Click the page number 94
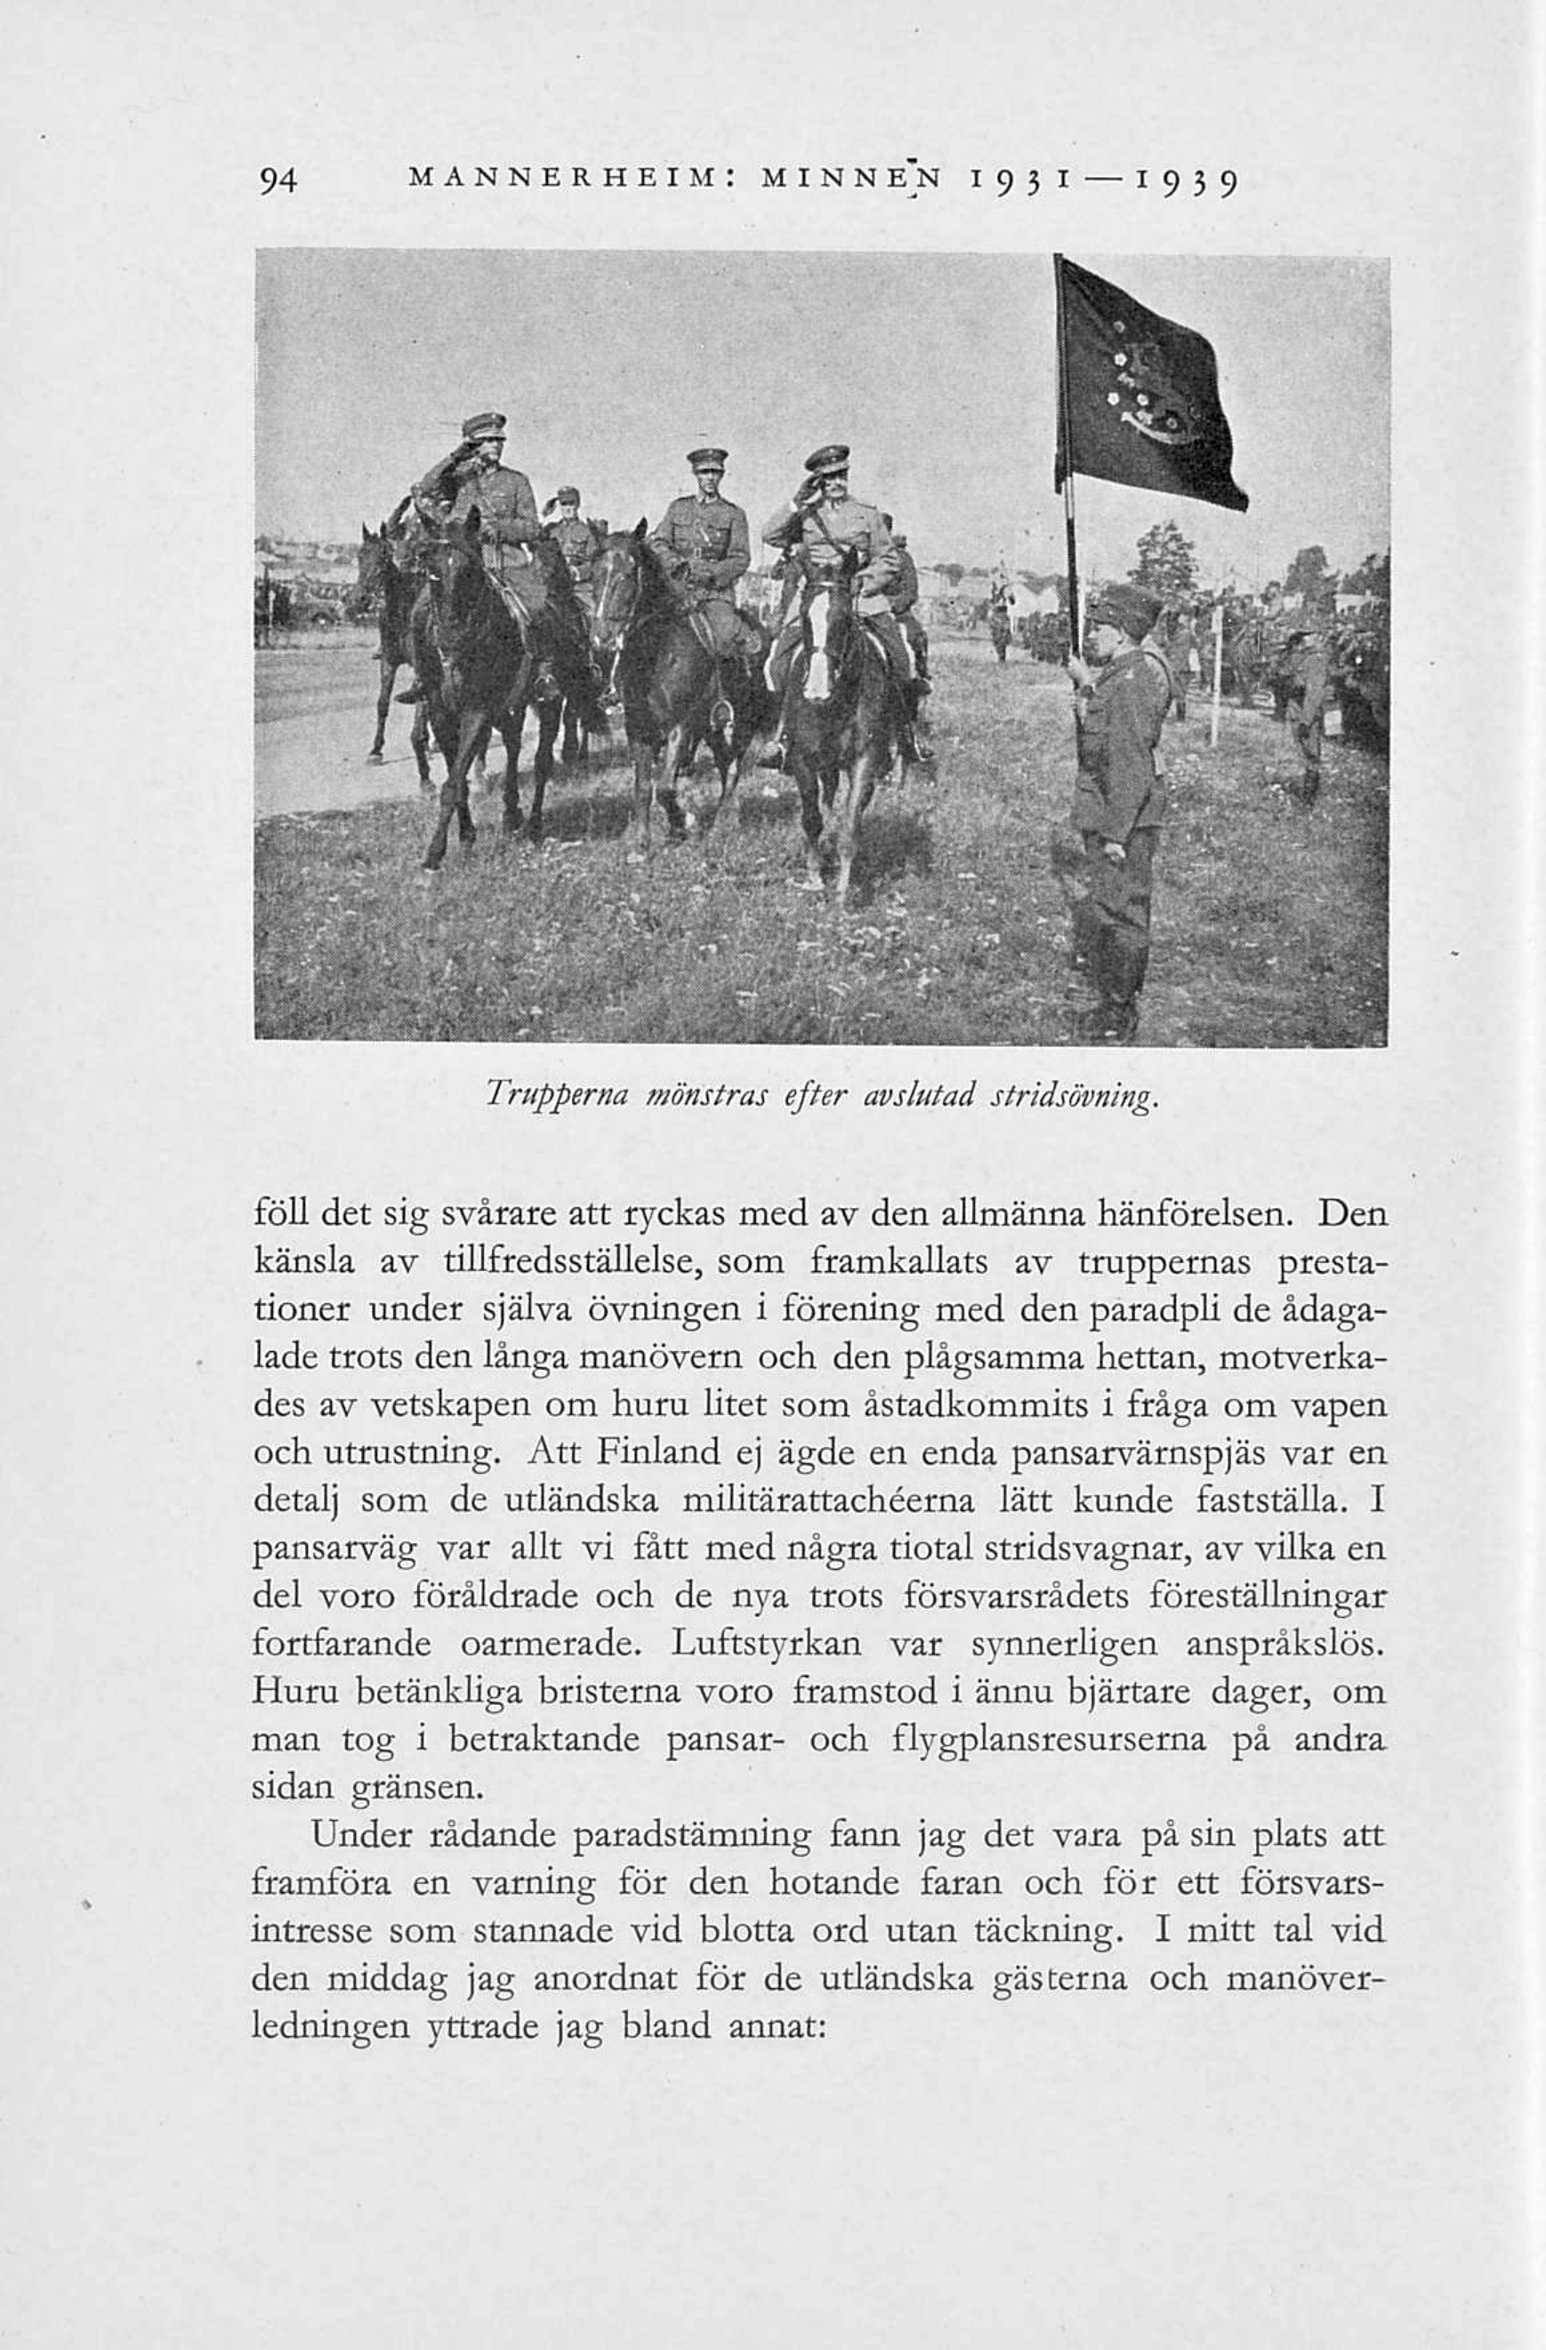279,181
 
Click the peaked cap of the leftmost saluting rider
484,424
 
